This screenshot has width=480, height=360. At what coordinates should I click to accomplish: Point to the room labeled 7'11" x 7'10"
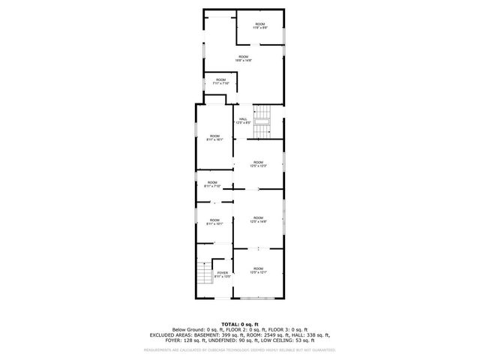click(x=220, y=82)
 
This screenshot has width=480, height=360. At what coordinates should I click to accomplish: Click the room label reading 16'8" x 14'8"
click(x=243, y=58)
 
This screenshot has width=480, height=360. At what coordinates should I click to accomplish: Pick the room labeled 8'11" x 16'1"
click(x=214, y=137)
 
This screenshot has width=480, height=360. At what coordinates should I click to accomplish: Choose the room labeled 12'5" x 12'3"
click(x=258, y=163)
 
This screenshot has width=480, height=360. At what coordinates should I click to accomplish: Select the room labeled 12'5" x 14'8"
click(x=258, y=219)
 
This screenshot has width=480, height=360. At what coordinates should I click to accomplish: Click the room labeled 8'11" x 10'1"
click(x=214, y=221)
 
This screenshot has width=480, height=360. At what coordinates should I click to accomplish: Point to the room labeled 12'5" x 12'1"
click(x=258, y=270)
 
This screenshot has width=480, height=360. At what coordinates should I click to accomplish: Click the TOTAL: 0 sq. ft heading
click(x=240, y=324)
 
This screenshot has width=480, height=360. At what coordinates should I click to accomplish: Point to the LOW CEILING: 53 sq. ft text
click(x=286, y=340)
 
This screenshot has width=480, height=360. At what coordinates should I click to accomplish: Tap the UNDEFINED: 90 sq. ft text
click(x=238, y=340)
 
